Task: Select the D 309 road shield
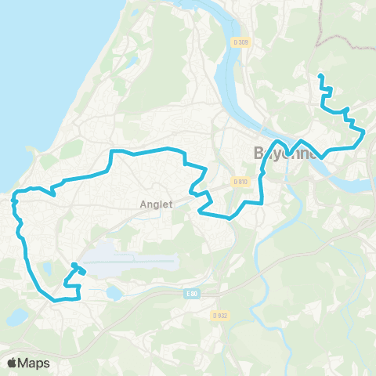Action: (244, 42)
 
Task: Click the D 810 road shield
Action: (240, 182)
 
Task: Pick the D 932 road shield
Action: (220, 316)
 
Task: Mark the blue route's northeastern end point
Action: (320, 75)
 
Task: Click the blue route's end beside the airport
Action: (73, 265)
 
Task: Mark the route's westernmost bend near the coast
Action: (14, 203)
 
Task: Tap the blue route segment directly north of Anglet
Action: (149, 150)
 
